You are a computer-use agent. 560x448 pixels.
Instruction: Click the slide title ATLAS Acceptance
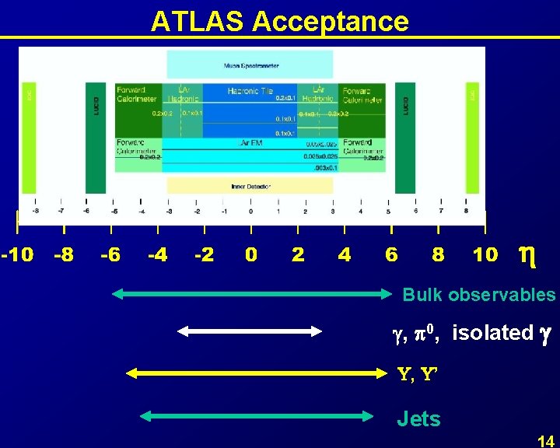tap(279, 21)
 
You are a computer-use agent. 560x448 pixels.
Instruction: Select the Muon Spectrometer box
tap(250, 65)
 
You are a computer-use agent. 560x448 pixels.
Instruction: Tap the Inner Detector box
tap(250, 186)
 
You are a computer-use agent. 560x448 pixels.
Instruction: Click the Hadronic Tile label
tap(250, 91)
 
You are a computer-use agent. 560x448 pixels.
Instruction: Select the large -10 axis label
tap(17, 255)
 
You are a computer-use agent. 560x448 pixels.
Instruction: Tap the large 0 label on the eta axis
tap(250, 255)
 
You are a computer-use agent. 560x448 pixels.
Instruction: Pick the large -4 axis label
tap(157, 255)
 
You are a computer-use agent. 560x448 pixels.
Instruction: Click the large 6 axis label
tap(391, 255)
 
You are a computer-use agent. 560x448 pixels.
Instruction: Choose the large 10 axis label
tap(485, 255)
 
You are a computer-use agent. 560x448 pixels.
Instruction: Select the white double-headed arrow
tap(250, 331)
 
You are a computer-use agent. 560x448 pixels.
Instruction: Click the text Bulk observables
tap(478, 295)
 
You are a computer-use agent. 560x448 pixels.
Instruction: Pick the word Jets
tap(418, 419)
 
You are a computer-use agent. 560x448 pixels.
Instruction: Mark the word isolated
tap(492, 333)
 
